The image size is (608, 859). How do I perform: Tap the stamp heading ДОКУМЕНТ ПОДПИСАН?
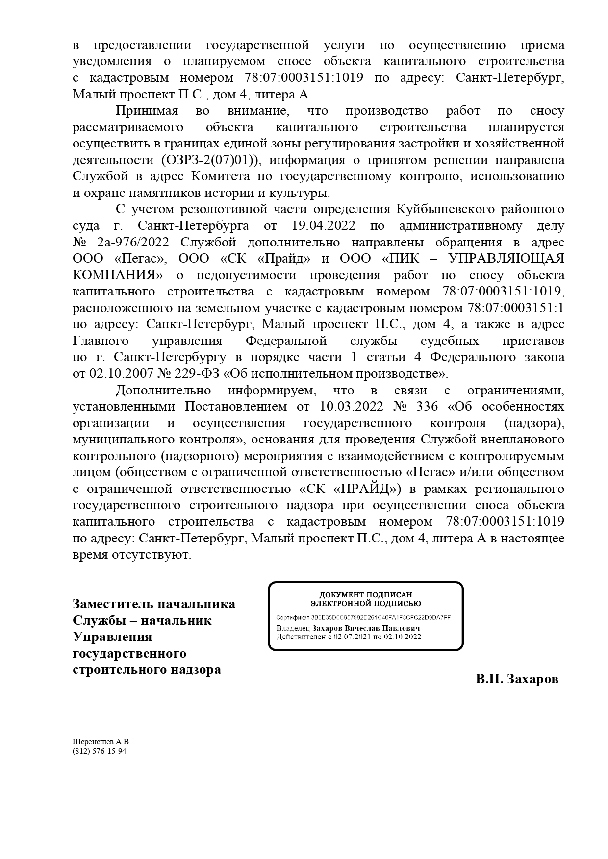tap(366, 595)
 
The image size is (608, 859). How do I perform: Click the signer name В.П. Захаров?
tap(516, 680)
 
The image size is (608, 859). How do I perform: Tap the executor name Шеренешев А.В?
tap(102, 742)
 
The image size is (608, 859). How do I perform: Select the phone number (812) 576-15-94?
tap(99, 751)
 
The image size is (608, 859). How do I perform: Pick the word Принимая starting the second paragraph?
tap(147, 111)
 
